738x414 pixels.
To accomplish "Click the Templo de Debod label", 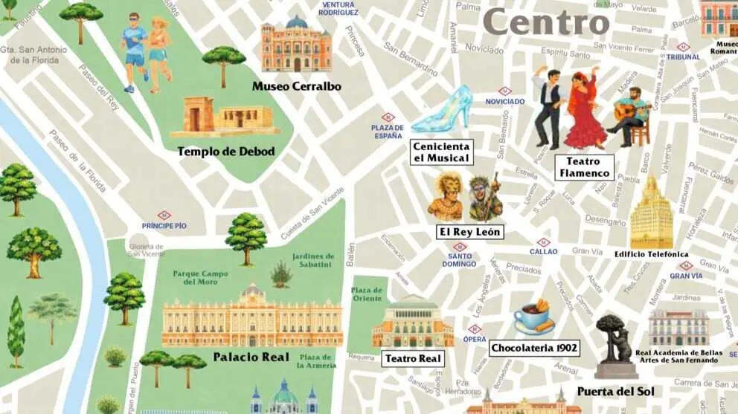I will click(225, 152).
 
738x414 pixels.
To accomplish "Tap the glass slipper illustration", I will click(444, 110).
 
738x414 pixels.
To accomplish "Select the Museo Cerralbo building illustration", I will click(297, 45).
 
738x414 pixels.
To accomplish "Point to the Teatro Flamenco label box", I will click(584, 167).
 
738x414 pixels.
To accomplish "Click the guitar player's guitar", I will click(631, 112).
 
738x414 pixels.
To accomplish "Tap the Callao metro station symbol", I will click(544, 242).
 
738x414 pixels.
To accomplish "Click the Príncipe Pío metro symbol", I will click(164, 216).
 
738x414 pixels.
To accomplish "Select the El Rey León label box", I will click(469, 232).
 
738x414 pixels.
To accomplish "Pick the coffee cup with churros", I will click(534, 317).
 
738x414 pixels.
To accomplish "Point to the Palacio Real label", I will click(251, 357).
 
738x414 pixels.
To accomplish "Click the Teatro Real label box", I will click(413, 358).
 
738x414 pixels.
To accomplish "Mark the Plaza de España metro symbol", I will click(388, 117).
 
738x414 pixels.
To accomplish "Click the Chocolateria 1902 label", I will click(534, 348).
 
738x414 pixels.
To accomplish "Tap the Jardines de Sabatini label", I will click(312, 259).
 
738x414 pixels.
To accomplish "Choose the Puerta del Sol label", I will click(615, 391).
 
